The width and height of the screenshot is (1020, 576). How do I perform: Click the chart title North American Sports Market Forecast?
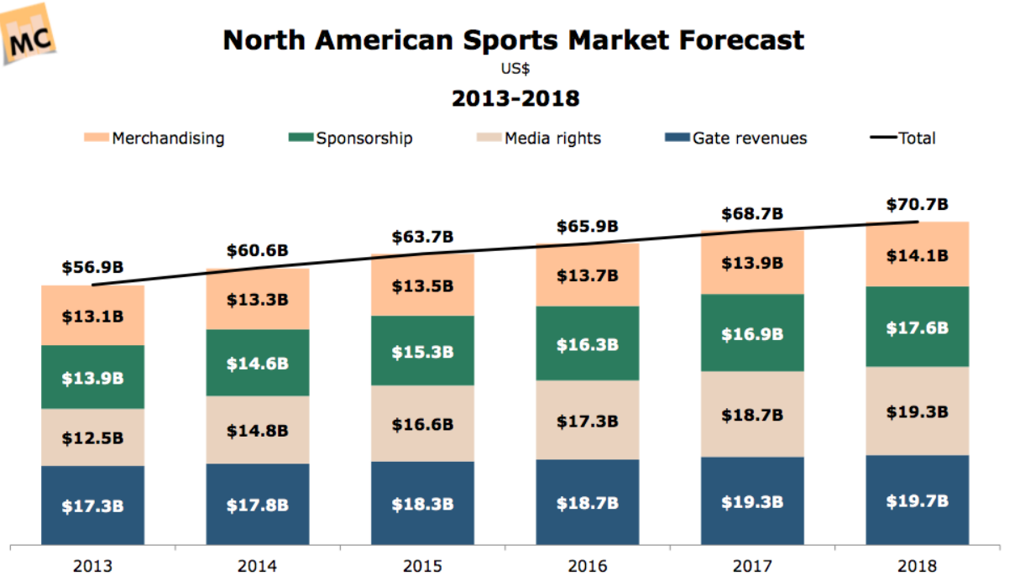click(514, 39)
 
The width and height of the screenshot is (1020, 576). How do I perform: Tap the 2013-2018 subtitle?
click(515, 99)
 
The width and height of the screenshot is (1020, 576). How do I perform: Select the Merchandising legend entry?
click(154, 139)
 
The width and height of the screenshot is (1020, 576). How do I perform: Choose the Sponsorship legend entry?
click(353, 139)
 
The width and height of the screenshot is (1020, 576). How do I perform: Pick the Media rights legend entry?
click(541, 139)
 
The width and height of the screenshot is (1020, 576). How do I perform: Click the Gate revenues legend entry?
click(738, 139)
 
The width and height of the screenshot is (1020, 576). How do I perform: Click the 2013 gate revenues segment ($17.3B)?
click(92, 506)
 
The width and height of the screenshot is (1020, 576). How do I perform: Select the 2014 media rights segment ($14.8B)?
click(258, 430)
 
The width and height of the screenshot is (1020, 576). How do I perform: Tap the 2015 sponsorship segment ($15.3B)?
click(422, 351)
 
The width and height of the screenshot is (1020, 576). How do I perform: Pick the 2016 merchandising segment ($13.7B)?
click(588, 275)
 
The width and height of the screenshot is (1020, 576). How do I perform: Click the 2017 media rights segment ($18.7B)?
click(752, 415)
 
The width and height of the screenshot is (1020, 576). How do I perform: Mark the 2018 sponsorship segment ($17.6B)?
click(918, 327)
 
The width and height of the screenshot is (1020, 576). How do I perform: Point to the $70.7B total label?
click(918, 204)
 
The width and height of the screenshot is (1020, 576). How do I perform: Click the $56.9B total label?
click(92, 268)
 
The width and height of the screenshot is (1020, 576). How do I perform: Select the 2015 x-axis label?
click(422, 565)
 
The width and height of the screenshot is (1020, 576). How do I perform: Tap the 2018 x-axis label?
click(918, 565)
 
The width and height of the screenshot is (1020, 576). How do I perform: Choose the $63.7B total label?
click(422, 237)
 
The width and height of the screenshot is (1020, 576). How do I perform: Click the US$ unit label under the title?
click(515, 70)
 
